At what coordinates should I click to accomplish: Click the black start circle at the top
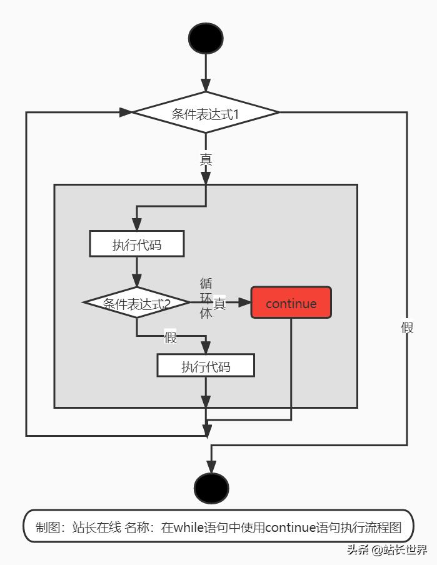point(206,39)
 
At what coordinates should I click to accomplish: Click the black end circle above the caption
point(211,488)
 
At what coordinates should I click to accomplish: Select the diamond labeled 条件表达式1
point(206,113)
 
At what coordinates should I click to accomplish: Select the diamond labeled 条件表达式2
point(136,303)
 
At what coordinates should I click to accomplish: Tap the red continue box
point(291,303)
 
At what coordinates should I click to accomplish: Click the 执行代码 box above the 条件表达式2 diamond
point(137,244)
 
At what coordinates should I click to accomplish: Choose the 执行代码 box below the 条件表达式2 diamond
point(206,366)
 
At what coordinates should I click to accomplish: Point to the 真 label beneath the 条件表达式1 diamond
point(206,160)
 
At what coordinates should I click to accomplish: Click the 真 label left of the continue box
point(219,303)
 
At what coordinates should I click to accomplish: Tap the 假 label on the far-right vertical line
point(407,327)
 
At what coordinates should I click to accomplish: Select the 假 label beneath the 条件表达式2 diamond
point(171,337)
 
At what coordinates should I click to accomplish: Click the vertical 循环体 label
point(206,298)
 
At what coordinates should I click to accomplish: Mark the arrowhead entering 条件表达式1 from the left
point(126,112)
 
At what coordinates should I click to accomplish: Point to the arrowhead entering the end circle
point(211,467)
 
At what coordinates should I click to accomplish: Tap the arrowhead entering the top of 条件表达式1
point(206,86)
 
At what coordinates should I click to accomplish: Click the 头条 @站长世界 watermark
point(387,551)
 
